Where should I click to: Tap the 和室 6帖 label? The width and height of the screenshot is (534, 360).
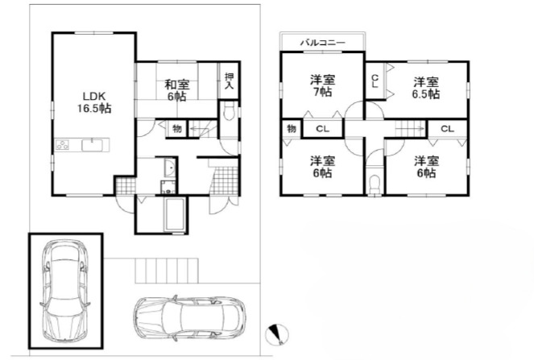pos(176,89)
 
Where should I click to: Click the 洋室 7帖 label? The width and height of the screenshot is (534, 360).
pos(323,86)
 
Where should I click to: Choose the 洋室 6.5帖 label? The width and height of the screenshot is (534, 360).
pos(426,87)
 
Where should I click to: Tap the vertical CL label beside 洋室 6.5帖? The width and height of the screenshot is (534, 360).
pos(375,81)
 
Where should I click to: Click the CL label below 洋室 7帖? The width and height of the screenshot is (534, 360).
pos(321,129)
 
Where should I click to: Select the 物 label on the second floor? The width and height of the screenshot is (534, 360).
pos(291,129)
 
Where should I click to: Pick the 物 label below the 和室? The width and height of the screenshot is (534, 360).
pos(176,129)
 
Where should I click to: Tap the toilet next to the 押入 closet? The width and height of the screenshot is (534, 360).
pos(229,114)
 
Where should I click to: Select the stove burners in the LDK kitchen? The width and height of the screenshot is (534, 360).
pos(62,147)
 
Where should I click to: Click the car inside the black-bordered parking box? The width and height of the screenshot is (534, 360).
pos(65,290)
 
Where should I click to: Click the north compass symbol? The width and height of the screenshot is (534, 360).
pos(277,333)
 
